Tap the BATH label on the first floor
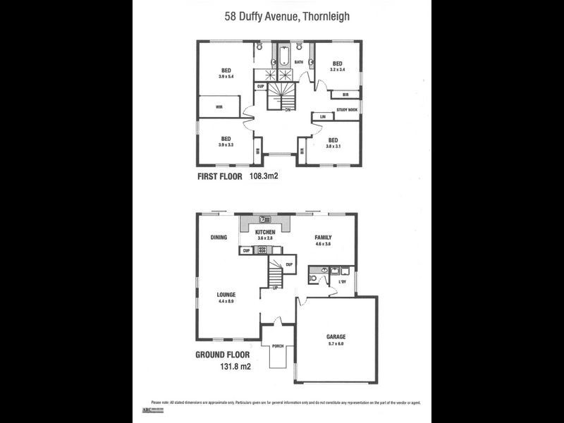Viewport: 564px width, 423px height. (299, 62)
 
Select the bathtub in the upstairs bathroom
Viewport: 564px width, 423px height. (283, 56)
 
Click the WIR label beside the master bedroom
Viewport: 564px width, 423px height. (219, 106)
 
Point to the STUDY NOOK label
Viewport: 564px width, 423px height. (347, 110)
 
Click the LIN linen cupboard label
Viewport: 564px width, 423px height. (322, 116)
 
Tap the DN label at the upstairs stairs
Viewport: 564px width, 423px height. (288, 110)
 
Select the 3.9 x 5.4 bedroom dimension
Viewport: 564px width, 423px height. (226, 76)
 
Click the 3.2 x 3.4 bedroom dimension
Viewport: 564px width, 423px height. (338, 69)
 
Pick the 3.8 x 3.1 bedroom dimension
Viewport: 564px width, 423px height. (333, 147)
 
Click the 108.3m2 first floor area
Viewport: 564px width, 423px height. (264, 177)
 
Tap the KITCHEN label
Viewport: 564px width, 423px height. (265, 232)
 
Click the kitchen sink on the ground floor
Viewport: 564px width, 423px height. (266, 220)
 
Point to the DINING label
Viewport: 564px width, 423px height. (219, 238)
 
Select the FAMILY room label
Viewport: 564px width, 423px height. (323, 238)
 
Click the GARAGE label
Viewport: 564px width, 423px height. (336, 337)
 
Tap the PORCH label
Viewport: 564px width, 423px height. (278, 346)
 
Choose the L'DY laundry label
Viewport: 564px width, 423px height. (343, 283)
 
